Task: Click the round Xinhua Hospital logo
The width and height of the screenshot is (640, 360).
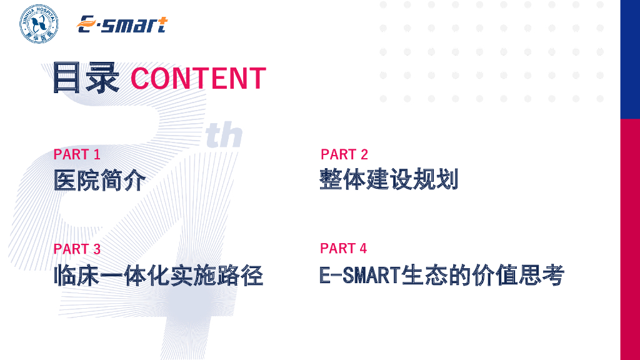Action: pos(39,24)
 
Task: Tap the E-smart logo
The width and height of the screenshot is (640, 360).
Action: pos(122,24)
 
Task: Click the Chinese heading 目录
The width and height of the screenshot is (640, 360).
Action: pos(86,77)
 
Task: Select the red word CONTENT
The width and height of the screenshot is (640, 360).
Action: pos(198,78)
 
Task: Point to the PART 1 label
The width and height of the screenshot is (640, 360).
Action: pos(77,154)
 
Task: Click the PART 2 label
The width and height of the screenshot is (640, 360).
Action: pos(344,154)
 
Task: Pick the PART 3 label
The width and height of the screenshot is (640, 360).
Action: pos(77,249)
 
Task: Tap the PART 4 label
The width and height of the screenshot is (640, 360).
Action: pos(343,248)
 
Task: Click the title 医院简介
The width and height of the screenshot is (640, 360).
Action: pos(99,180)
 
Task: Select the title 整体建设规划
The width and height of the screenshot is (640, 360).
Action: pos(389,179)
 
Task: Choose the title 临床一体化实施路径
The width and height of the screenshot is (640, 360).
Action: pos(158,275)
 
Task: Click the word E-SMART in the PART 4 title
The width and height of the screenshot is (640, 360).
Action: pos(360,275)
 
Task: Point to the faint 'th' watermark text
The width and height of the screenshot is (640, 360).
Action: pos(224,135)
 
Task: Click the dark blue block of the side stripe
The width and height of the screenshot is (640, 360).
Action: pos(630,59)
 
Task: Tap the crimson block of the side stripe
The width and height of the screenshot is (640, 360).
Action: pos(630,239)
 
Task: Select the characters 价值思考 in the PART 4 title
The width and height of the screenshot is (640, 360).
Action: pos(518,275)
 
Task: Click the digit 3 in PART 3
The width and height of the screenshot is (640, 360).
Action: pos(97,249)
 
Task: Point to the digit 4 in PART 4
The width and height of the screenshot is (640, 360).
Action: pos(363,248)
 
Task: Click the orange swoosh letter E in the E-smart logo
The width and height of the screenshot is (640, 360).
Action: pos(86,24)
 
